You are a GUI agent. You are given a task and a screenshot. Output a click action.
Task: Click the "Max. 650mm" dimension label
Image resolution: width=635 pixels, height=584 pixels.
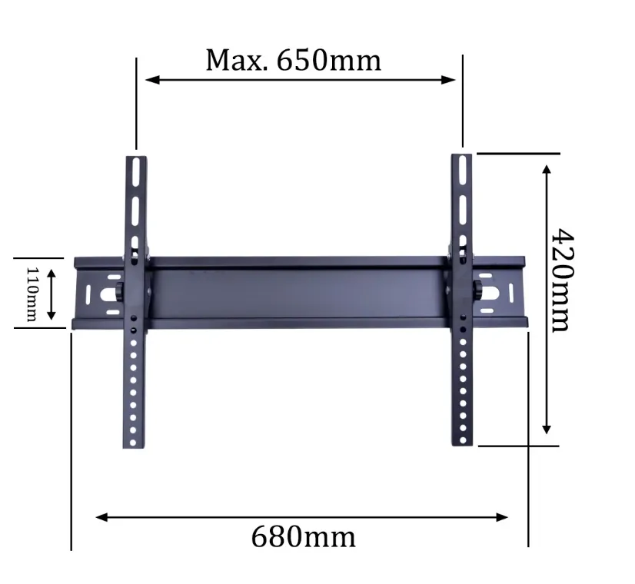tap(293, 59)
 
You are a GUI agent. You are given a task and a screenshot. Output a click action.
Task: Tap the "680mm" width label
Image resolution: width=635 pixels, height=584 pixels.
tap(303, 536)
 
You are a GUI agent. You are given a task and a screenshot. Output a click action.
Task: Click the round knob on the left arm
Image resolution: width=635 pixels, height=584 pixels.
tap(120, 292)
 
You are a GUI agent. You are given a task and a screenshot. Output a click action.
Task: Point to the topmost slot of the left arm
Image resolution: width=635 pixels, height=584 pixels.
tap(135, 169)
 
